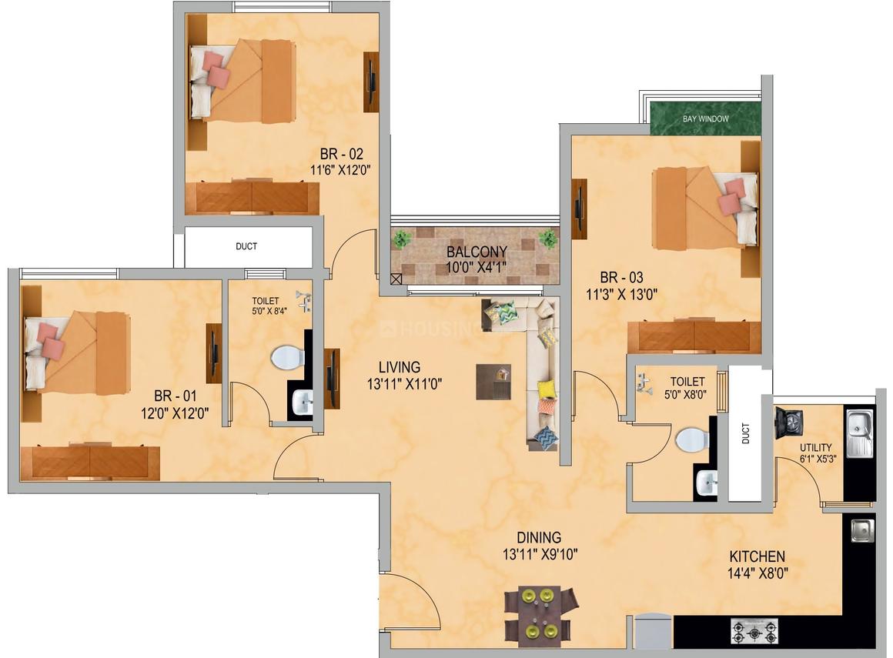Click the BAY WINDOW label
(x=706, y=119)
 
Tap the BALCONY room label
(x=477, y=252)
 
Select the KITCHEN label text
(x=758, y=556)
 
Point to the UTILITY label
(x=815, y=447)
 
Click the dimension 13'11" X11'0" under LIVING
(x=404, y=384)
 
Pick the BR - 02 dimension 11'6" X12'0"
(x=340, y=169)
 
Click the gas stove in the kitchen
(x=754, y=631)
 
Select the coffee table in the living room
(x=493, y=382)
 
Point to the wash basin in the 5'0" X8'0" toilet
(x=706, y=483)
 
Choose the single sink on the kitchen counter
(x=863, y=530)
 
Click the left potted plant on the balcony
(x=402, y=239)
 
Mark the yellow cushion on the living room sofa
(x=547, y=389)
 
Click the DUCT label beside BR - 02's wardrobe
(x=246, y=246)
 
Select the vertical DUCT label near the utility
(x=746, y=433)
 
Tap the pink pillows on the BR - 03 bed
(x=731, y=196)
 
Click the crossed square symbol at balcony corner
(x=396, y=279)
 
